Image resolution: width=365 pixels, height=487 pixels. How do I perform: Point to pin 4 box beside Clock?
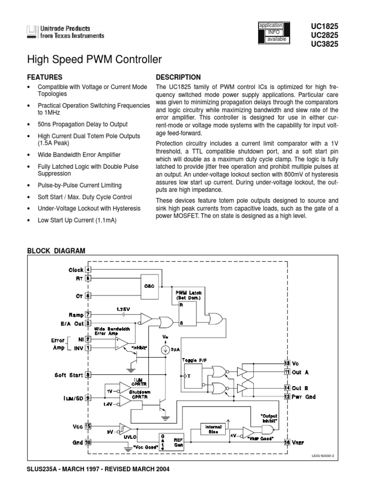click(x=88, y=270)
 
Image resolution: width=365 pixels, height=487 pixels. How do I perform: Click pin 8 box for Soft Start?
click(x=88, y=374)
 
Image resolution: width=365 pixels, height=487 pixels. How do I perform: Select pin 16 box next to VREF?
click(x=287, y=442)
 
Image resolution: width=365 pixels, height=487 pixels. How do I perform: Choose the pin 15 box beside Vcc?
click(x=88, y=427)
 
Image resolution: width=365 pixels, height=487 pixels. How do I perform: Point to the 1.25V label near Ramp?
click(x=123, y=309)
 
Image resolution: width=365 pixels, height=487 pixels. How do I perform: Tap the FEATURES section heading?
click(x=45, y=77)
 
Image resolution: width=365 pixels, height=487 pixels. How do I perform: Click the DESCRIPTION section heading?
click(x=178, y=77)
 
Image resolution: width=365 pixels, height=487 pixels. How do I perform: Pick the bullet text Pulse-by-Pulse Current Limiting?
click(x=79, y=185)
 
